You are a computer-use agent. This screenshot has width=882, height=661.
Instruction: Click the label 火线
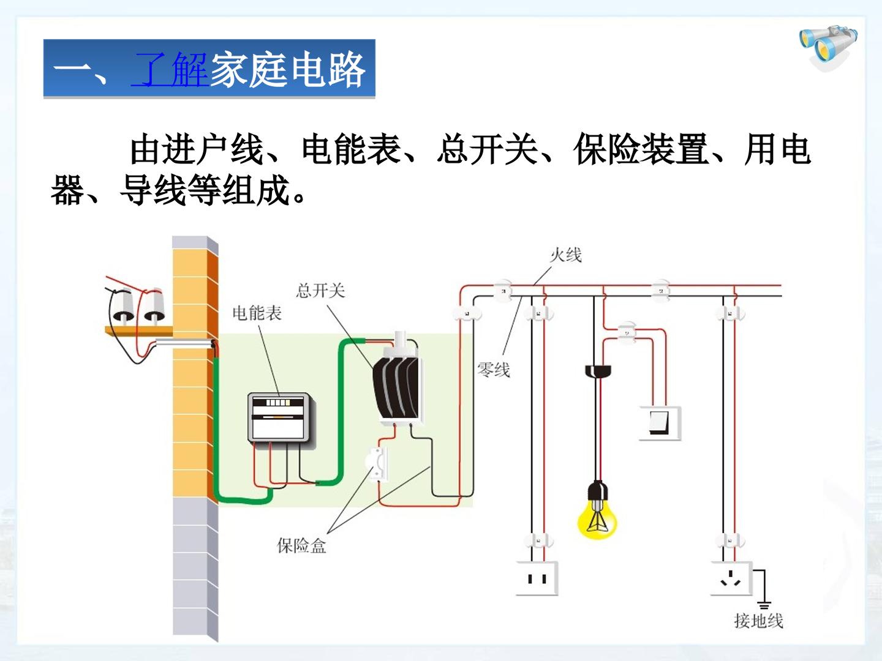coord(566,255)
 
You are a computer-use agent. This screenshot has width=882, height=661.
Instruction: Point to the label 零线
coord(494,369)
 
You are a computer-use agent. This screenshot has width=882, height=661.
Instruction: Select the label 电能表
coord(257,313)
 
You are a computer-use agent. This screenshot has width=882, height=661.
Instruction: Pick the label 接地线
coord(759,621)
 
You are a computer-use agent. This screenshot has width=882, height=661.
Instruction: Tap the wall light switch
coord(660,424)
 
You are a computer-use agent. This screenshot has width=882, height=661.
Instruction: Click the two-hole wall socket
coord(537,578)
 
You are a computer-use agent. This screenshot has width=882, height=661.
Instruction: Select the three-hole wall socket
coord(731,578)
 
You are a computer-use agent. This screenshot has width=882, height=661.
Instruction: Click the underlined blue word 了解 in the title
coord(170,69)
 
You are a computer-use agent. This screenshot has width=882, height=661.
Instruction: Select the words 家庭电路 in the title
coord(288,69)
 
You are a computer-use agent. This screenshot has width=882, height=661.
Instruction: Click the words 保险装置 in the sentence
coord(641,149)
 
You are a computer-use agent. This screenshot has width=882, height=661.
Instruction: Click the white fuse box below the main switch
coord(377,464)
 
